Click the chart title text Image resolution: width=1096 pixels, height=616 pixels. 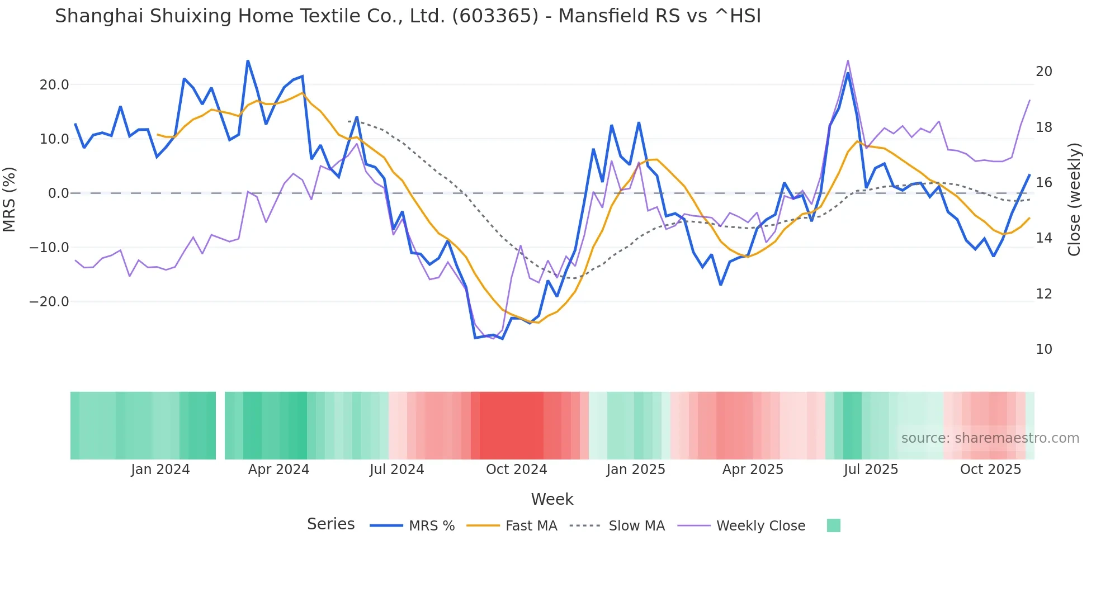(408, 16)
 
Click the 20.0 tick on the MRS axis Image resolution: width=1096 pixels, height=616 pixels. (54, 85)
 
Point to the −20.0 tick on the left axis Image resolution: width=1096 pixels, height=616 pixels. (49, 302)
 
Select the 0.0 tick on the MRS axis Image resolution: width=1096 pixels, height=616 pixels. (59, 193)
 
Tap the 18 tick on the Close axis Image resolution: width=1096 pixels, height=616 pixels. (1043, 127)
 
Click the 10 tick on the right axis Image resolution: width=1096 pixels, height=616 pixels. (1043, 349)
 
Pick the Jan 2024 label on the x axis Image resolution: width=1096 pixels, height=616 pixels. (160, 470)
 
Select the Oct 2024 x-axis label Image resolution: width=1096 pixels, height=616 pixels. (516, 470)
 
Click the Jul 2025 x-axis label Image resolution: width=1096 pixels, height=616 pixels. (871, 470)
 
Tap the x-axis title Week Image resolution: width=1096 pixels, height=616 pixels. (552, 499)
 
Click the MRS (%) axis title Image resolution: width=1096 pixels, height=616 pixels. (10, 200)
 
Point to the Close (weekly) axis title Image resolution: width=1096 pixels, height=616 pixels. (1074, 200)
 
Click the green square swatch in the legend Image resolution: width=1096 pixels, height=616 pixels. (833, 525)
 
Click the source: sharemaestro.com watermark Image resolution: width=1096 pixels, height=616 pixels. (990, 438)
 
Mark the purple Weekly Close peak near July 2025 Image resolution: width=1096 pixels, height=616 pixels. (848, 61)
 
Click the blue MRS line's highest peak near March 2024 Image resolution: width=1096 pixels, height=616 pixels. (248, 61)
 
